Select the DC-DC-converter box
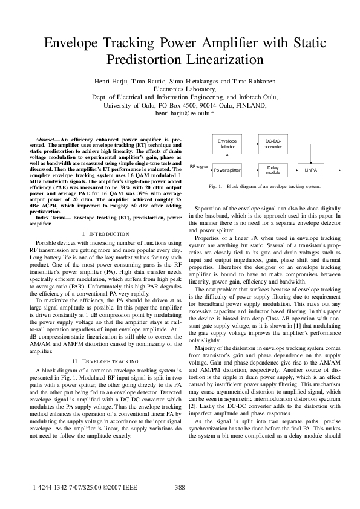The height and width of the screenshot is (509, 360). pyautogui.click(x=273, y=144)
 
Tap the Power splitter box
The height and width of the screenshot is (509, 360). pyautogui.click(x=227, y=171)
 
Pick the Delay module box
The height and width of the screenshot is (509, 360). pyautogui.click(x=273, y=171)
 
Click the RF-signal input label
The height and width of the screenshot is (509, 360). pyautogui.click(x=199, y=166)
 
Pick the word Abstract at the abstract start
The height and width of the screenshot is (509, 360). pyautogui.click(x=47, y=140)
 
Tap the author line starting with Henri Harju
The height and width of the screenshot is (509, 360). pyautogui.click(x=180, y=80)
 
